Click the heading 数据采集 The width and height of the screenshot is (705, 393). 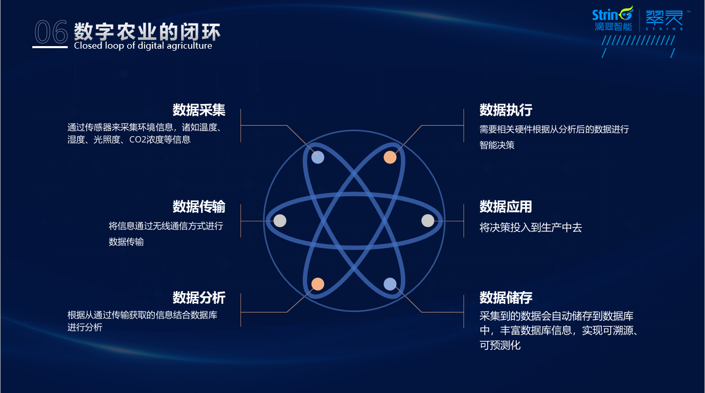(199, 110)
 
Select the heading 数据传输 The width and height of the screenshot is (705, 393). (199, 206)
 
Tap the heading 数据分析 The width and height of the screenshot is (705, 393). (199, 297)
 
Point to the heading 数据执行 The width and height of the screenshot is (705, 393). (506, 110)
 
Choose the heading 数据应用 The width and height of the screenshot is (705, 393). (506, 206)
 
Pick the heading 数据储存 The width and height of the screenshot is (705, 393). (506, 297)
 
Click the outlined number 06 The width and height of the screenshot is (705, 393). (51, 33)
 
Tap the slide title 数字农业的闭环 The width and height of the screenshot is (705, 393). (147, 32)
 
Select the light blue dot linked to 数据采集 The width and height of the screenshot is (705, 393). (318, 157)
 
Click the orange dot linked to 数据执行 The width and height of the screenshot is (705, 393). (390, 157)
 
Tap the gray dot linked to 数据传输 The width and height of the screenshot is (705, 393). (280, 221)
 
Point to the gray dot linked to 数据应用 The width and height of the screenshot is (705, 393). (428, 220)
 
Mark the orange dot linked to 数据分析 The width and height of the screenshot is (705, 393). (318, 284)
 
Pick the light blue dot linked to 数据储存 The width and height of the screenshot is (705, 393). (390, 284)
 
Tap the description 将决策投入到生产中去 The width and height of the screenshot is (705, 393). (531, 227)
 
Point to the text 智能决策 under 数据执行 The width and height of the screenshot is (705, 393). (497, 145)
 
